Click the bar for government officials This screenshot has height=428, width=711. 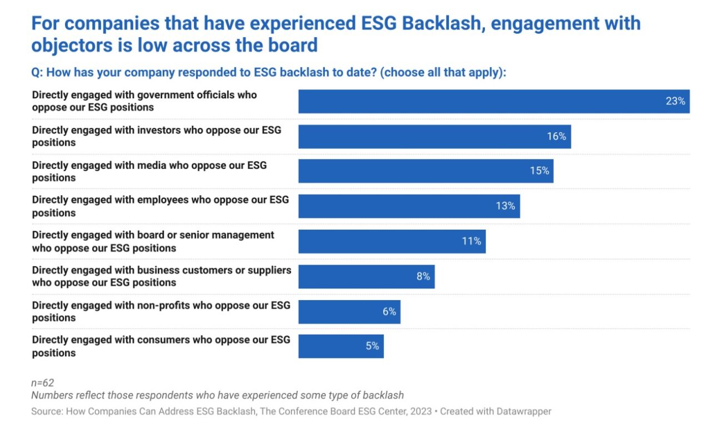tap(494, 102)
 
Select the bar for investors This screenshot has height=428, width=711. tap(434, 137)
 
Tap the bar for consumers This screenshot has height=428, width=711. tap(341, 346)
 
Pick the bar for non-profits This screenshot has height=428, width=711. tap(349, 311)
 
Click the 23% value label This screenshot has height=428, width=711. tap(675, 102)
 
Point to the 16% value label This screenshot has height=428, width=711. tap(556, 137)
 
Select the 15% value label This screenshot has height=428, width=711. tap(539, 171)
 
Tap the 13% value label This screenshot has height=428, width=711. tap(505, 206)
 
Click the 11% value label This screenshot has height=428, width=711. tap(471, 241)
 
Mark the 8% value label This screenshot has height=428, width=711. tap(423, 276)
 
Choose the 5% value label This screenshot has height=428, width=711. tap(372, 346)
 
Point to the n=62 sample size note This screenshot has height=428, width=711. tap(42, 383)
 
